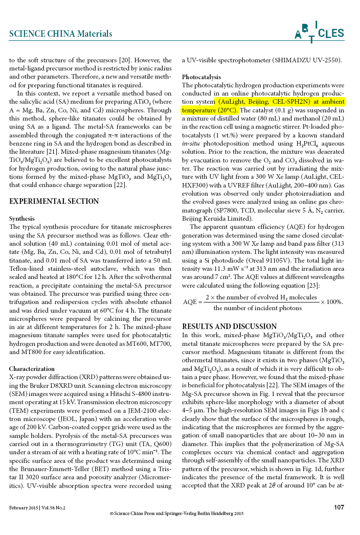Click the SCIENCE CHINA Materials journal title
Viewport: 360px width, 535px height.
[x=61, y=34]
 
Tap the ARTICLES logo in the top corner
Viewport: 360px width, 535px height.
[x=319, y=32]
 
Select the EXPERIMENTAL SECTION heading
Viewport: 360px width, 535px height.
[x=54, y=201]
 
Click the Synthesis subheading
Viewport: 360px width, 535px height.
[x=22, y=218]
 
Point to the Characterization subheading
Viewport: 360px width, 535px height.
[x=32, y=368]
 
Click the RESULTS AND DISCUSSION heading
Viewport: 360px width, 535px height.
[x=230, y=327]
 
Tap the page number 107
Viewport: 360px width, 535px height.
[x=339, y=507]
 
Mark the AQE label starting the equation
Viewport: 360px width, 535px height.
[x=190, y=301]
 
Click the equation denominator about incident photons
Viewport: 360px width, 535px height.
[x=258, y=308]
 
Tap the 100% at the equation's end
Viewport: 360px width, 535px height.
[x=333, y=301]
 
